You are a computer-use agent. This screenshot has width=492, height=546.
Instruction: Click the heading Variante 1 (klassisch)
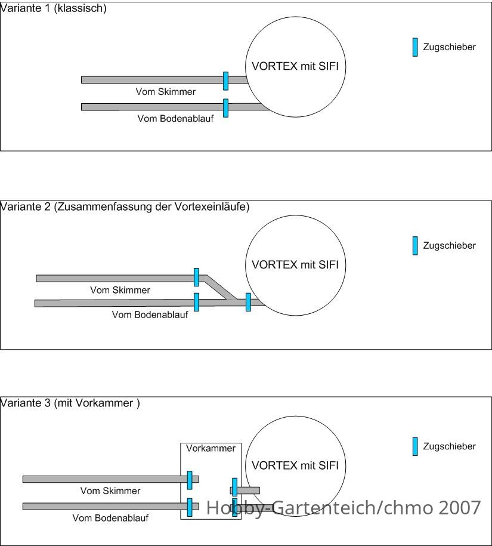[x=53, y=8]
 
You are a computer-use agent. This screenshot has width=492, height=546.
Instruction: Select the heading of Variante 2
[x=125, y=207]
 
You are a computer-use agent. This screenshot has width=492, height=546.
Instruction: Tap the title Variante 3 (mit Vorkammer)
[x=70, y=403]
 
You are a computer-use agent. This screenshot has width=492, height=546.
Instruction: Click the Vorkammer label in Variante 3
[x=211, y=448]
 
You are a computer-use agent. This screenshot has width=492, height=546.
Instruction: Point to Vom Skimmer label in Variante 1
[x=166, y=91]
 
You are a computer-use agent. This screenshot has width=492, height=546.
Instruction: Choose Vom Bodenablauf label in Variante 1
[x=175, y=118]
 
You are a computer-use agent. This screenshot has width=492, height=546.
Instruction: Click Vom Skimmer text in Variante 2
[x=120, y=290]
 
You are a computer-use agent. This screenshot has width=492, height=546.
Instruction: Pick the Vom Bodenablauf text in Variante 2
[x=150, y=315]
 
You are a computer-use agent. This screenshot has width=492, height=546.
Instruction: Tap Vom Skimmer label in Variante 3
[x=110, y=491]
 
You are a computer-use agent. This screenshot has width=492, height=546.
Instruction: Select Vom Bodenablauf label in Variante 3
[x=110, y=518]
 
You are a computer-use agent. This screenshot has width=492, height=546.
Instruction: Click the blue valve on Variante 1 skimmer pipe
[x=226, y=81]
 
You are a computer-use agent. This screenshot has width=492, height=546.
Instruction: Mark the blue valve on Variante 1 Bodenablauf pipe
[x=226, y=108]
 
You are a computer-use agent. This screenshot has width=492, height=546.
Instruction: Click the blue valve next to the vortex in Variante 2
[x=248, y=302]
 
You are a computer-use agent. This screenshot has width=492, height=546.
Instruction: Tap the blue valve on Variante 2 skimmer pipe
[x=196, y=277]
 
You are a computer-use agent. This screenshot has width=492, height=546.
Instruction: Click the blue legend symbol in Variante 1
[x=415, y=47]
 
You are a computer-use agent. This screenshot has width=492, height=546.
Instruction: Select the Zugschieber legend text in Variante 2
[x=449, y=245]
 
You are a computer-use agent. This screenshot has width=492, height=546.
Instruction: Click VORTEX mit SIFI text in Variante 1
[x=295, y=66]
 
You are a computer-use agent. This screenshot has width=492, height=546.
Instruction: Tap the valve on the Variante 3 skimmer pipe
[x=190, y=480]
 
